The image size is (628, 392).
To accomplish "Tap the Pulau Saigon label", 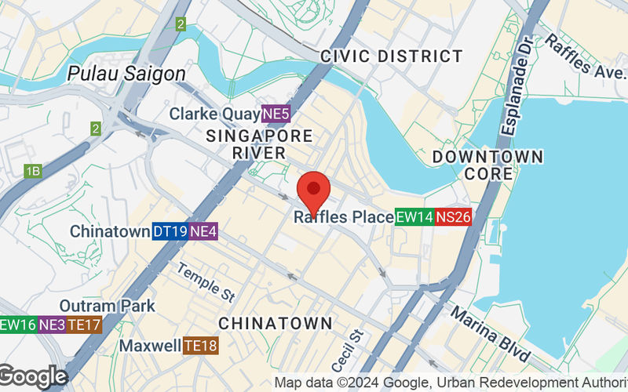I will [126, 74].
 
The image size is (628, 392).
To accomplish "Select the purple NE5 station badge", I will [276, 114].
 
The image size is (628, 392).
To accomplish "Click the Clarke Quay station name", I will [214, 114].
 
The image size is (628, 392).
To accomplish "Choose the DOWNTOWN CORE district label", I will [487, 165].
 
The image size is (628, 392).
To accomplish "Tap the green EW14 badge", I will [414, 216].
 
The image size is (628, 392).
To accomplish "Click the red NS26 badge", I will [454, 216].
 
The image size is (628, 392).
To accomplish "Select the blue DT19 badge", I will [170, 231].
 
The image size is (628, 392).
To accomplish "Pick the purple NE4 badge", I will [203, 231].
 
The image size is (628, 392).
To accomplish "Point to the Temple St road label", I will [206, 283].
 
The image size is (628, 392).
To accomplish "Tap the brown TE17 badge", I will [84, 324].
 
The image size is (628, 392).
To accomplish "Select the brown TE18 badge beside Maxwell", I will [201, 345].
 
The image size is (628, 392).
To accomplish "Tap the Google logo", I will [33, 376].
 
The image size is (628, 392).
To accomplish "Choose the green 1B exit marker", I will [33, 171].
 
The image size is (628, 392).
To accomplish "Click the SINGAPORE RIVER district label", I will [259, 144].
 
